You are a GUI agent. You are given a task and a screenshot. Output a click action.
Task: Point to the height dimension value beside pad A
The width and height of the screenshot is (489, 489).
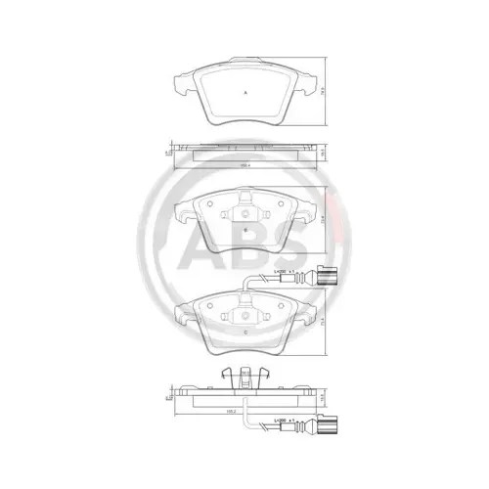click(x=323, y=89)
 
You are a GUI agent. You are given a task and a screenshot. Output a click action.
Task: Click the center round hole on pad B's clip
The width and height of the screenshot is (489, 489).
click(x=244, y=214)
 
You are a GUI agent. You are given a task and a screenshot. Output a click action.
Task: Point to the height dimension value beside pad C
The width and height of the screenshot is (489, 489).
click(x=323, y=318)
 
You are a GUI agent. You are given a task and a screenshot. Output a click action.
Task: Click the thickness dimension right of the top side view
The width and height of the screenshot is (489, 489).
click(x=323, y=152)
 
